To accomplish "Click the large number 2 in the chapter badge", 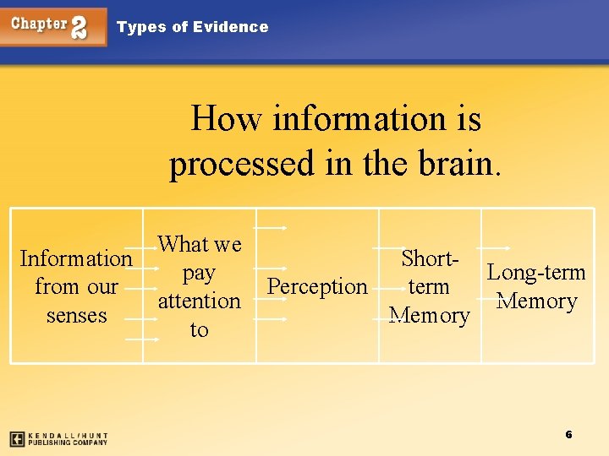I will point(78,27).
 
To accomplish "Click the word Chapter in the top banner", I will point(39,24).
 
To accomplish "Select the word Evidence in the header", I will point(230,27).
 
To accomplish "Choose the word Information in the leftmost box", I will point(76,258).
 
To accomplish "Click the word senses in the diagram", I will point(76,316).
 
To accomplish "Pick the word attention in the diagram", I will point(199,301).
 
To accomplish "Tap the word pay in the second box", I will point(199,274).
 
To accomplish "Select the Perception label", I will point(317,287).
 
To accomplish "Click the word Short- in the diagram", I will point(430,258).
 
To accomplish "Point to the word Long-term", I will point(536,273).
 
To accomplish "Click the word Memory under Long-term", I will point(537,301).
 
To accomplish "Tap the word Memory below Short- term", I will point(429,316).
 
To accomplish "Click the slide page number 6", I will point(568,434).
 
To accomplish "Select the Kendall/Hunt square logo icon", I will point(17,439).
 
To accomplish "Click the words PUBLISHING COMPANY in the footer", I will point(68,442).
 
